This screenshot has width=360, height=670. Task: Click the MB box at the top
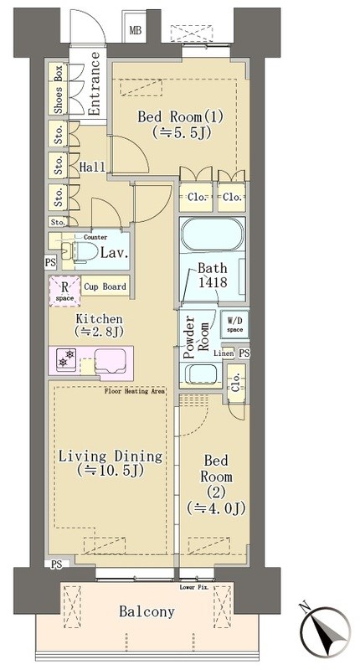tap(135, 32)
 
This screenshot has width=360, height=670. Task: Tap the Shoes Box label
tap(59, 89)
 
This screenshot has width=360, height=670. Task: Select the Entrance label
tap(94, 84)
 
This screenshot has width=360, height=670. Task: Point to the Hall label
tap(92, 167)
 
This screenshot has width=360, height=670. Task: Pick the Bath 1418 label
tap(213, 276)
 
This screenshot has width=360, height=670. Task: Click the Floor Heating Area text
tap(135, 391)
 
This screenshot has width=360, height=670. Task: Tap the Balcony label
tap(147, 612)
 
